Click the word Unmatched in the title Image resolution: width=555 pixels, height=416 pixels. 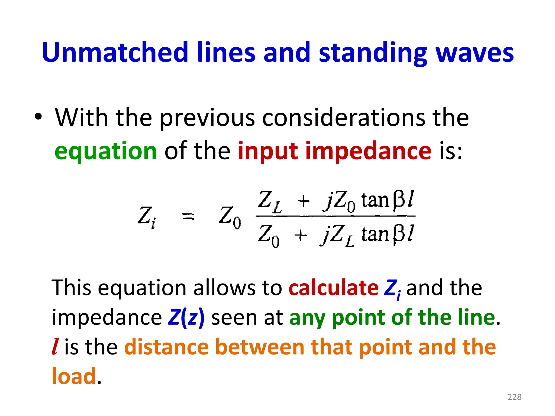(x=115, y=52)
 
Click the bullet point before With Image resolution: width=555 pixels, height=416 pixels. (x=38, y=117)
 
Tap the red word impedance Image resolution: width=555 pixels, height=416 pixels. (x=368, y=151)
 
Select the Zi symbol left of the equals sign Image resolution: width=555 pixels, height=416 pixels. (x=147, y=217)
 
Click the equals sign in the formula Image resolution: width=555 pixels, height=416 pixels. (x=188, y=216)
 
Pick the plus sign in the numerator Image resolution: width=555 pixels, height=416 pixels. (x=303, y=201)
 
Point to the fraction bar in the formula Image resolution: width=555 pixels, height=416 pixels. (x=335, y=216)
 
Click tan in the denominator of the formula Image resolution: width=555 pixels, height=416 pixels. (x=375, y=235)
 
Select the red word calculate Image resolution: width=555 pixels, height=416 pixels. (x=333, y=288)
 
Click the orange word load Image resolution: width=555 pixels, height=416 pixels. (x=74, y=376)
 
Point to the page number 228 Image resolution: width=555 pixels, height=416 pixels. (x=514, y=397)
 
